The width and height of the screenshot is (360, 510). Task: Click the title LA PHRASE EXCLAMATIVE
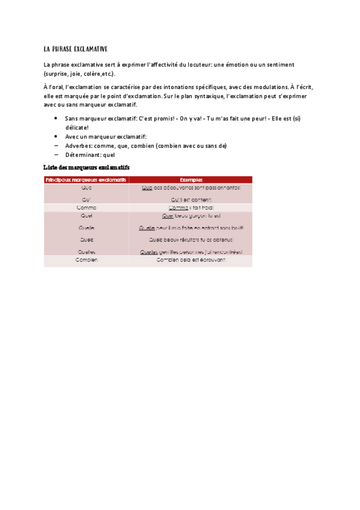pyautogui.click(x=76, y=48)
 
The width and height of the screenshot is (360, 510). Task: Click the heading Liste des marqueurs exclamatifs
pyautogui.click(x=87, y=166)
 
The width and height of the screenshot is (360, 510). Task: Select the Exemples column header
pyautogui.click(x=191, y=179)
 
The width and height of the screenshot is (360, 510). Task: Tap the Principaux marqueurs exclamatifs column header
pyautogui.click(x=87, y=179)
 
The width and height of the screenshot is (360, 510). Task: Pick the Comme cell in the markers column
pyautogui.click(x=87, y=207)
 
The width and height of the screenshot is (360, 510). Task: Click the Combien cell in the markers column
pyautogui.click(x=87, y=260)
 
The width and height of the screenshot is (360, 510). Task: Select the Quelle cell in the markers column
pyautogui.click(x=87, y=229)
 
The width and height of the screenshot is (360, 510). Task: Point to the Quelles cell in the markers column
pyautogui.click(x=87, y=252)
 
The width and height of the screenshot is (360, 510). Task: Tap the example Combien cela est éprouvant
pyautogui.click(x=191, y=260)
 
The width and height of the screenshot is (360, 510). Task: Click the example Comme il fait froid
pyautogui.click(x=191, y=207)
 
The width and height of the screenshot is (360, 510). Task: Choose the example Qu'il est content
pyautogui.click(x=191, y=199)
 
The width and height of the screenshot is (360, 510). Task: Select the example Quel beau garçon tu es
pyautogui.click(x=191, y=215)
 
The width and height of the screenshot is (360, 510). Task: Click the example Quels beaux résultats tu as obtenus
pyautogui.click(x=191, y=239)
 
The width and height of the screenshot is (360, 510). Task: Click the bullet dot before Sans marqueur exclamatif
pyautogui.click(x=56, y=119)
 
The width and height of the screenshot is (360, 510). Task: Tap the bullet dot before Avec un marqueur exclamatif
pyautogui.click(x=56, y=137)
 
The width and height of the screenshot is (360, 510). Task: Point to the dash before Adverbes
pyautogui.click(x=56, y=146)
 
